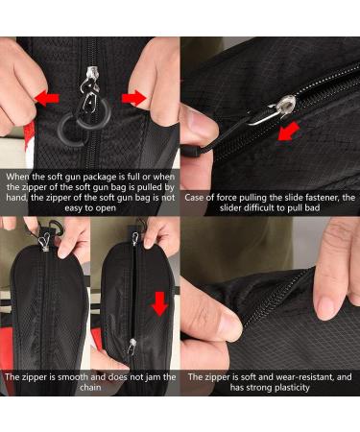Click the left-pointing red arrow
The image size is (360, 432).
click(x=47, y=98)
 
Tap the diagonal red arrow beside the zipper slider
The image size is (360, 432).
click(x=288, y=132)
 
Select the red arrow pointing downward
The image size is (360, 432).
click(x=159, y=303)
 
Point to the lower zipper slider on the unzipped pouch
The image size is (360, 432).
click(x=132, y=346)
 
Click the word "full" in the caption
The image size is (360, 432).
click(x=132, y=177)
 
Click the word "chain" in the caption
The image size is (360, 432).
click(x=90, y=388)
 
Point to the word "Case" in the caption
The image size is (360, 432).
click(x=194, y=198)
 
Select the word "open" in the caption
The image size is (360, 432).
click(x=107, y=208)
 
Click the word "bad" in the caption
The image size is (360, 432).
click(x=312, y=208)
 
